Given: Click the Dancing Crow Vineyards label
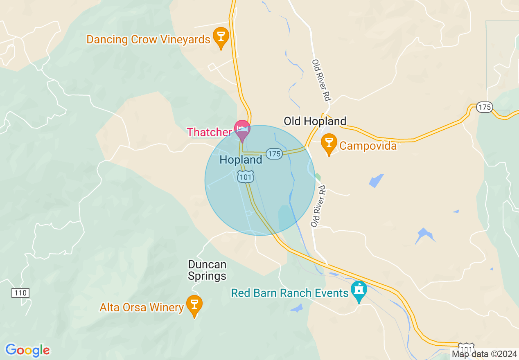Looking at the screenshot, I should pos(148,40).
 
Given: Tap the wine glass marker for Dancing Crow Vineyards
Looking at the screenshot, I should pos(221,36).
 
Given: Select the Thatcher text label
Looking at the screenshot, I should pos(209,132).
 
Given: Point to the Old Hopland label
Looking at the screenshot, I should pos(315,121).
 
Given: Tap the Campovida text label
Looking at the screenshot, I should pos(368,146).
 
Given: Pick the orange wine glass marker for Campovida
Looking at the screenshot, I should pos(328,143).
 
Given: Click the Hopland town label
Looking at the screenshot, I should pos(241,160).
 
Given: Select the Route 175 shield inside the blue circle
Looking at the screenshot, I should pos(274,154).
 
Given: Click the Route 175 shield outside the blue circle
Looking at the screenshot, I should pos(485,107).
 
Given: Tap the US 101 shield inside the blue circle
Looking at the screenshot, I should pos(246,177).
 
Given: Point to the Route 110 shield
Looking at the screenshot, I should pos(20,293).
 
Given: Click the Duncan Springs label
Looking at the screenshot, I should pos(207,270).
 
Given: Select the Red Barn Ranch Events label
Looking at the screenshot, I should pos(289,293).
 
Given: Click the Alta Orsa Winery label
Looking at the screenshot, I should pos(142,307).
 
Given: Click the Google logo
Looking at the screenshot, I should pos(27,350).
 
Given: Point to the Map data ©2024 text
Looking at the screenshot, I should pos(484,354).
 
